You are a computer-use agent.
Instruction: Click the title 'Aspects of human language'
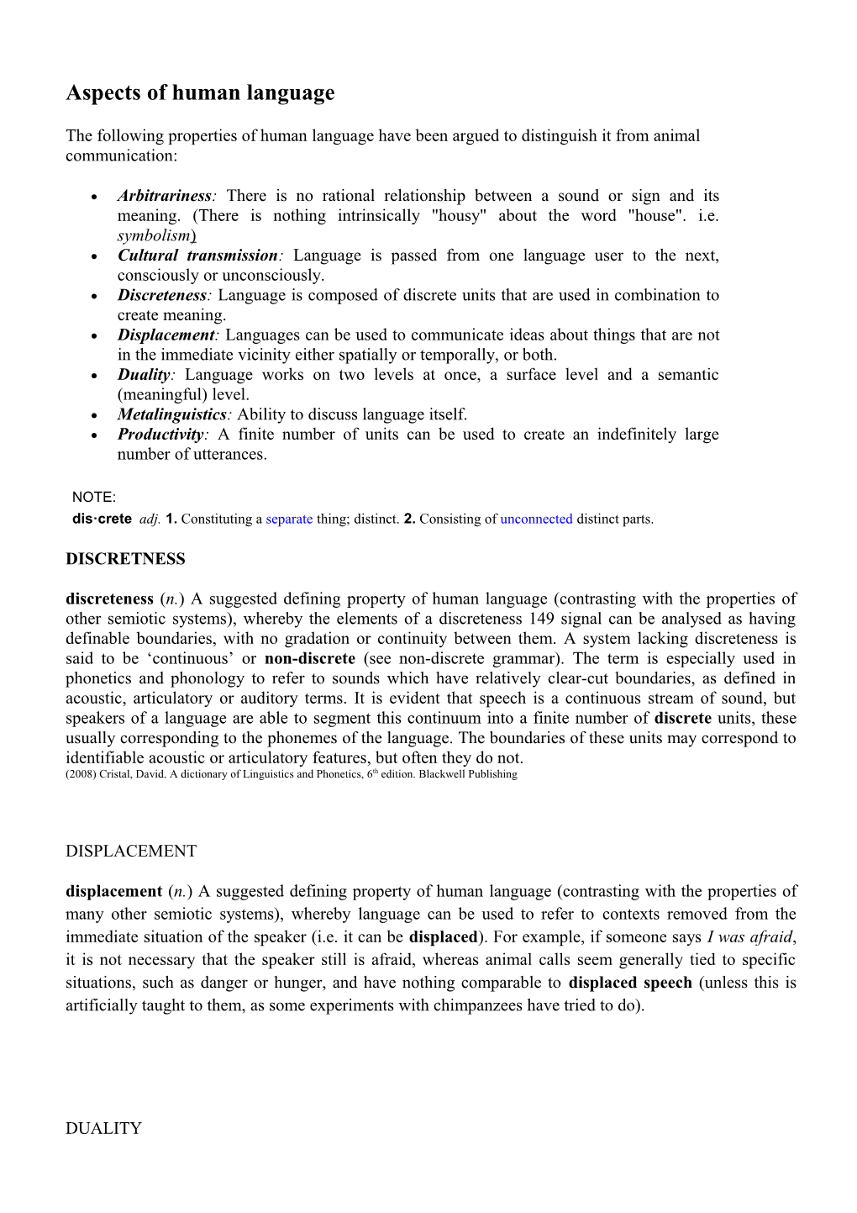click(200, 92)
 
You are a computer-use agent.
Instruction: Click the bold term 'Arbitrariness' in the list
click(164, 196)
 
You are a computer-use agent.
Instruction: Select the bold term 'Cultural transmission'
click(197, 256)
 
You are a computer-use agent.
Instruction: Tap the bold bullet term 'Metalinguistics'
click(172, 414)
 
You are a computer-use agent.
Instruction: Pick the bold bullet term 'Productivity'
click(160, 435)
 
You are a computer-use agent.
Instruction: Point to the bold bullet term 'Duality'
click(144, 375)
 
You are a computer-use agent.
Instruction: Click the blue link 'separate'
click(289, 519)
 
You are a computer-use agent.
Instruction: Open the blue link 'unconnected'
click(536, 519)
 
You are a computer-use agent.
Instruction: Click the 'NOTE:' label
click(94, 498)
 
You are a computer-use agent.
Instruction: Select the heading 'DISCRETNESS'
click(125, 559)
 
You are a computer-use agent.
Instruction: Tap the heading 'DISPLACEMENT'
click(131, 852)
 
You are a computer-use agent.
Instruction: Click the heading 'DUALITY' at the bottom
click(103, 1129)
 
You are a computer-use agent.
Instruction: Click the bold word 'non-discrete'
click(310, 659)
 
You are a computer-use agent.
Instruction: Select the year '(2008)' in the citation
click(81, 774)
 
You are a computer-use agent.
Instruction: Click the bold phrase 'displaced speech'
click(630, 983)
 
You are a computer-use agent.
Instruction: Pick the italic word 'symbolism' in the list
click(154, 236)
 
